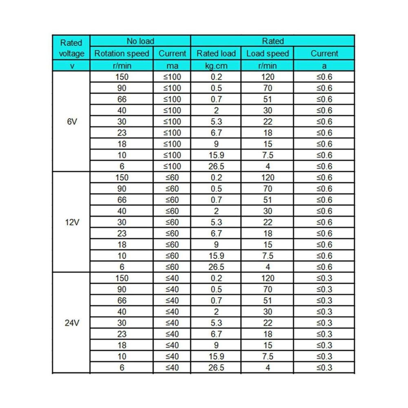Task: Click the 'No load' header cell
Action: pos(140,41)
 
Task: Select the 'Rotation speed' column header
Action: pos(122,53)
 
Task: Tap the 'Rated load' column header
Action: pos(216,53)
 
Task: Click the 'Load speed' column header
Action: pos(268,53)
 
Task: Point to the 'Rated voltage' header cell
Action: pos(71,48)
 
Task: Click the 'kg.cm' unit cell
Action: pos(216,66)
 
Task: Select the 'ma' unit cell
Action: pos(172,66)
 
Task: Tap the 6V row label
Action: pos(71,122)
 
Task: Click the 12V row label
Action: pos(71,222)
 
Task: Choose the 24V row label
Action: pos(71,323)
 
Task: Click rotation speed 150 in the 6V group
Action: pos(122,77)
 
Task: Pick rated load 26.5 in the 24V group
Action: pos(216,368)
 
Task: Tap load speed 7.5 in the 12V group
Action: pos(268,256)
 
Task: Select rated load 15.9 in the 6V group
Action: pos(216,155)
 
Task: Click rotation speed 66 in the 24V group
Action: pos(122,301)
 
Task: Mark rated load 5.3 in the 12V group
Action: pos(216,222)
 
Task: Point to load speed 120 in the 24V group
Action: pos(268,278)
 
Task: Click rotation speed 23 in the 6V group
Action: pos(122,133)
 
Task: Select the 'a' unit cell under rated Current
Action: pos(324,66)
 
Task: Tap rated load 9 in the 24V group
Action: pos(216,345)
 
